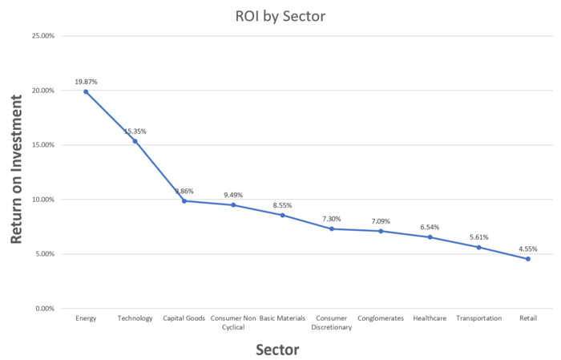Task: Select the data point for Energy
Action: pyautogui.click(x=86, y=91)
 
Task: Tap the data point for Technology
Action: pyautogui.click(x=135, y=141)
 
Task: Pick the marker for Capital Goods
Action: pyautogui.click(x=184, y=200)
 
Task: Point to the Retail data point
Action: pyautogui.click(x=528, y=259)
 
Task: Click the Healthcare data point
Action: pyautogui.click(x=430, y=237)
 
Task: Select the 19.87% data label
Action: pyautogui.click(x=86, y=82)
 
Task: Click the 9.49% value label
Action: pyautogui.click(x=233, y=195)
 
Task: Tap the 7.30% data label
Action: pyautogui.click(x=332, y=219)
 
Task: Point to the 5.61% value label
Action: pyautogui.click(x=478, y=237)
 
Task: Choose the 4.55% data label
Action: pyautogui.click(x=528, y=249)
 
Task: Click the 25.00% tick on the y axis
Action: pyautogui.click(x=42, y=36)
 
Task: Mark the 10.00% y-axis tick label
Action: pyautogui.click(x=42, y=200)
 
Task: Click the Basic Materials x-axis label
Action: pyautogui.click(x=282, y=318)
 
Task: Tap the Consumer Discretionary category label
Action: pyautogui.click(x=332, y=322)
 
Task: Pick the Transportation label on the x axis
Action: pyautogui.click(x=478, y=318)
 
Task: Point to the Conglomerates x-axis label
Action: pyautogui.click(x=381, y=318)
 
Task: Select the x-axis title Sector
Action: pyautogui.click(x=277, y=350)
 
